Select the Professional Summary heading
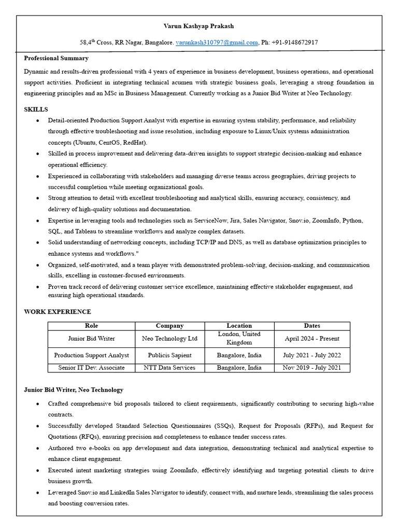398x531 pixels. pos(56,58)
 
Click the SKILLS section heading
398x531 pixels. pos(36,109)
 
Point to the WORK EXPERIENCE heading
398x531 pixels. pos(57,312)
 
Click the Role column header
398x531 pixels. pos(91,326)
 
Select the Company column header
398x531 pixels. pos(169,326)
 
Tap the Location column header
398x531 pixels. pos(239,326)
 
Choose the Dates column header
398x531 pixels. pos(312,326)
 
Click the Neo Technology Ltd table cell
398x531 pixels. pos(169,339)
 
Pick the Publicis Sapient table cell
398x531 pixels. pos(169,355)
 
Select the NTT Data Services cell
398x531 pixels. pos(169,368)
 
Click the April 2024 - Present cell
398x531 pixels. pos(312,339)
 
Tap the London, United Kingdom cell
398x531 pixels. pos(239,338)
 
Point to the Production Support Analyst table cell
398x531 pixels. pos(91,355)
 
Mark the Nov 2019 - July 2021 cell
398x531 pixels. pos(312,368)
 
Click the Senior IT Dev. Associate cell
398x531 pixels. pos(91,368)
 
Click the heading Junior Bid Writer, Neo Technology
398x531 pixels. pos(74,390)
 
